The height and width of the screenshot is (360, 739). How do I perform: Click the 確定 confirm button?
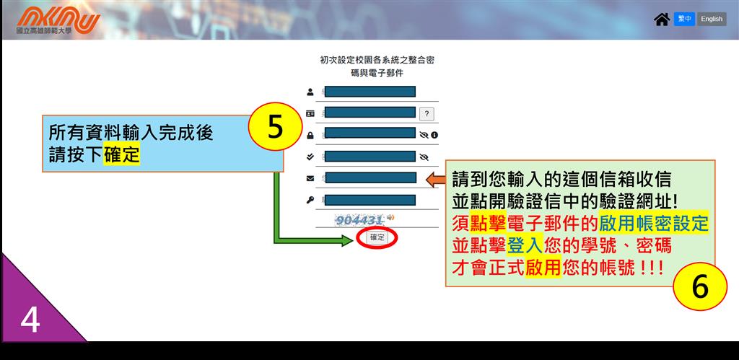tap(377, 237)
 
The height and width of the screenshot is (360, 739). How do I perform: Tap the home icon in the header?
tap(662, 19)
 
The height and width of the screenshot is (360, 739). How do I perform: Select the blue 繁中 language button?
tap(684, 19)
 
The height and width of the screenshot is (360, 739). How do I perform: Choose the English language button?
tap(711, 19)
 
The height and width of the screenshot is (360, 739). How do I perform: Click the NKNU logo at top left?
tap(58, 20)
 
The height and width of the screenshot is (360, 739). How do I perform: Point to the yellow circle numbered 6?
tap(700, 286)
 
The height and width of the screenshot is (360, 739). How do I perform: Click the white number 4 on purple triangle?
tap(30, 321)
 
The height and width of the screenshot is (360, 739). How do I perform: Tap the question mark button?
tap(427, 114)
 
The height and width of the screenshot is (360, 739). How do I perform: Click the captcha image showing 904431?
tap(359, 219)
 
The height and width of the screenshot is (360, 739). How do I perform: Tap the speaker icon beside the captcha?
tap(390, 218)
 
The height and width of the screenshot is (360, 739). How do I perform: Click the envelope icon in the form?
tap(310, 178)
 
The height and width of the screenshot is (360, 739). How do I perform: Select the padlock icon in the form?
tap(310, 135)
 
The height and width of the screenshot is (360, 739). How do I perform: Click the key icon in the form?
tap(310, 201)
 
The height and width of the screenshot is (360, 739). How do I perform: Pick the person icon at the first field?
tap(310, 92)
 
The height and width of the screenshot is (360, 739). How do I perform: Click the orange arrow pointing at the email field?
tap(436, 180)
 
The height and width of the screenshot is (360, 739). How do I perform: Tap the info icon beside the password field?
tap(434, 135)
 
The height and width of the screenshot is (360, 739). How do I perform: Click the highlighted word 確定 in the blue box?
tap(121, 154)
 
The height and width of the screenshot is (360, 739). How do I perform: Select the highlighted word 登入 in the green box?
tap(525, 245)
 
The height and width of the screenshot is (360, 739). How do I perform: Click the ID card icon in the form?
tap(310, 113)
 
